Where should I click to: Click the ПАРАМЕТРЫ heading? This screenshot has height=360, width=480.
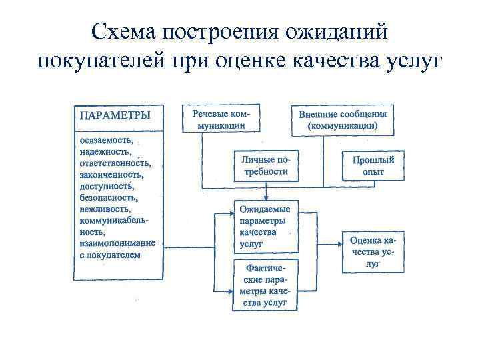pos(115,115)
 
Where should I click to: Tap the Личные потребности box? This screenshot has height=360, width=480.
pos(265,165)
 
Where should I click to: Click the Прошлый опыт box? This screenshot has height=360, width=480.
pos(373,166)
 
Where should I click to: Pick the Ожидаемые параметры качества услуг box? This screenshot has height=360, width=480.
pos(265,227)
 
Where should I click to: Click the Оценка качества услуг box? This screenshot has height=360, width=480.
pos(373,251)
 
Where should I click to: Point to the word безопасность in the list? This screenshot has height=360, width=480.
pos(108,198)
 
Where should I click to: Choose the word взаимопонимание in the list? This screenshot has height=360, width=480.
pos(117,243)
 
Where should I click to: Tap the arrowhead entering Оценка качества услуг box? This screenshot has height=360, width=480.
pos(340,251)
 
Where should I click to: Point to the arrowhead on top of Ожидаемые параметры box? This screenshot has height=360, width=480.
pos(265,198)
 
